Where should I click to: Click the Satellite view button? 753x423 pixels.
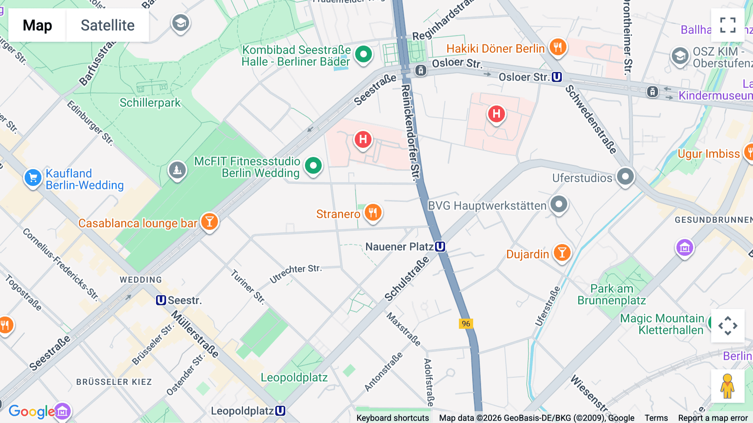point(108,25)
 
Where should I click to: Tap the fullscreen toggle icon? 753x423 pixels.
point(727,25)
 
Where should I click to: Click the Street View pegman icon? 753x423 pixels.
point(727,386)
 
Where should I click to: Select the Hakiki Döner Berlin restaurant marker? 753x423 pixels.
point(557,47)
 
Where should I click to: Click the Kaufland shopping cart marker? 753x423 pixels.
point(33,178)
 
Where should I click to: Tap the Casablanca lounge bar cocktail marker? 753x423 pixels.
point(210,222)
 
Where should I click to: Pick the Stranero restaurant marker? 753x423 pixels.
point(372,213)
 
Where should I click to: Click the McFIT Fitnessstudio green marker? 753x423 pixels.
point(313,165)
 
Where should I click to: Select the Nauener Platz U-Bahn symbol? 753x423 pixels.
point(440,247)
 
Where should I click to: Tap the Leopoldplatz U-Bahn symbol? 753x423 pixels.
point(280,411)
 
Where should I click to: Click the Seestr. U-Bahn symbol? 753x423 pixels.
point(161,300)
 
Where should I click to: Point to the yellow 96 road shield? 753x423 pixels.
point(466,324)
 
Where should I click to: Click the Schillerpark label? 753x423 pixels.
point(150,103)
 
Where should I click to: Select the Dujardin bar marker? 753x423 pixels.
point(562,253)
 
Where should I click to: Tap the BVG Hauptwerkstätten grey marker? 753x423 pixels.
point(558,204)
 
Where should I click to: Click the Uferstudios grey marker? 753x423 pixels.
point(625,177)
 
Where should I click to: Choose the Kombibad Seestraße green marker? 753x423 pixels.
point(363,54)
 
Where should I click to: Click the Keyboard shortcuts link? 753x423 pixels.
point(392,418)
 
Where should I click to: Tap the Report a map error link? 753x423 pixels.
point(713,418)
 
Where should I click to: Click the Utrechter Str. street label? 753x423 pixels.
point(295,273)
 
